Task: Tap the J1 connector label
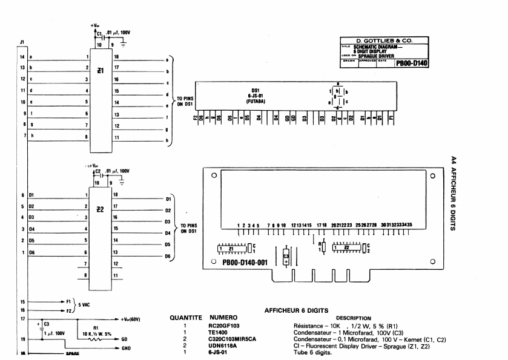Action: (x=22, y=42)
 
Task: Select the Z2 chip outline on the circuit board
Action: (x=346, y=247)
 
